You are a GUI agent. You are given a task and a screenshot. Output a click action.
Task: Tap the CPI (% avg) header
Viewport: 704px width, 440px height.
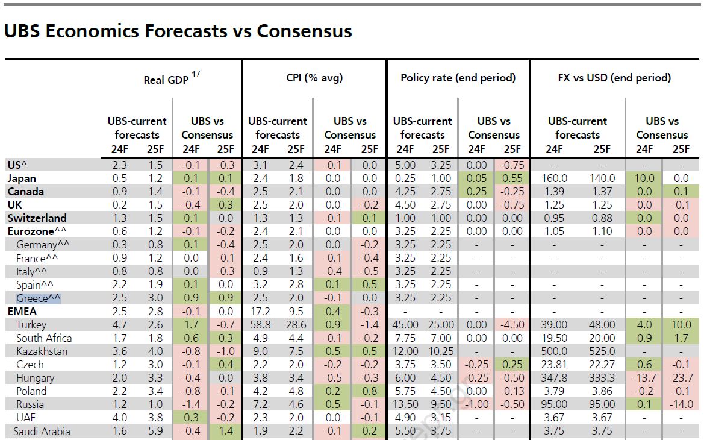click(x=314, y=78)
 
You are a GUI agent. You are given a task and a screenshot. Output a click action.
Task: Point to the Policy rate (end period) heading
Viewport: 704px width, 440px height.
click(x=458, y=78)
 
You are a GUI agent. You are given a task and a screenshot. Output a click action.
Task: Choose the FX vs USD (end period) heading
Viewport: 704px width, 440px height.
click(x=614, y=78)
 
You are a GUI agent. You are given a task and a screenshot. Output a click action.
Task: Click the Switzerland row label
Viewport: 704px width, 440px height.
click(x=37, y=218)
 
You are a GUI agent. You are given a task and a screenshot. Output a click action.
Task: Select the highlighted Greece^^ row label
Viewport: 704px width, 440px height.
click(x=39, y=298)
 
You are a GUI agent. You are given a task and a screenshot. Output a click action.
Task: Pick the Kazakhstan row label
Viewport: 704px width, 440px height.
click(x=42, y=351)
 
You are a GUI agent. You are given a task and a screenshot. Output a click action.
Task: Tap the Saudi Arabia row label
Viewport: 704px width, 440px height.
click(x=42, y=431)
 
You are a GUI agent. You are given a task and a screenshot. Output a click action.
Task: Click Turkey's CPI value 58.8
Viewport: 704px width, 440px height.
click(x=260, y=325)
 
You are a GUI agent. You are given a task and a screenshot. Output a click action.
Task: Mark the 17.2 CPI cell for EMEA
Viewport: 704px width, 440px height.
click(x=260, y=312)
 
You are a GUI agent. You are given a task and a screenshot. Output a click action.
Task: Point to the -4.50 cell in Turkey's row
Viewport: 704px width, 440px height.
click(x=512, y=325)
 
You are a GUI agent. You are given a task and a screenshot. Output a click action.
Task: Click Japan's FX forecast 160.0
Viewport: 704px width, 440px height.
click(x=555, y=178)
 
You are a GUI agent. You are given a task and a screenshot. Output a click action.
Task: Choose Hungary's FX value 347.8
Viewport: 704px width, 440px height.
click(x=555, y=378)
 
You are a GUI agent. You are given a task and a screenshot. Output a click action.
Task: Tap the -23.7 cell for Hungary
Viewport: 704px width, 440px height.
click(x=681, y=378)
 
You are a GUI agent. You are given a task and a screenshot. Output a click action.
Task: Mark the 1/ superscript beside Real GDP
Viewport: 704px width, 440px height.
click(x=196, y=75)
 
